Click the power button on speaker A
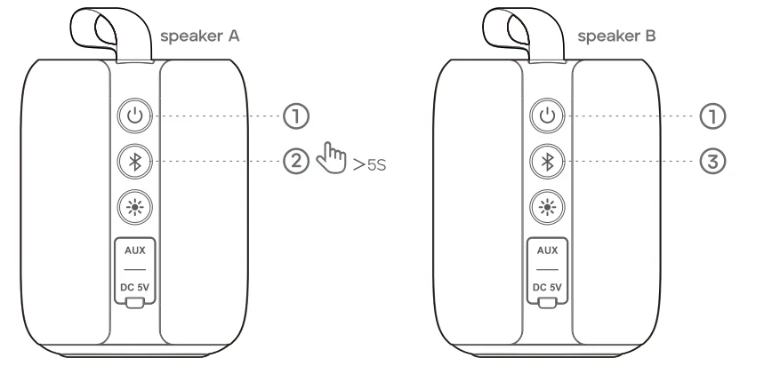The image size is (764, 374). pos(135,115)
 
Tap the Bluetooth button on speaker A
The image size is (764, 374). pos(135,161)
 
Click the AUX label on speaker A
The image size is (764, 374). pos(135,251)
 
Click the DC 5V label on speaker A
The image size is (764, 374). pos(135,286)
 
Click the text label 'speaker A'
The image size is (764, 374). pos(200,36)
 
